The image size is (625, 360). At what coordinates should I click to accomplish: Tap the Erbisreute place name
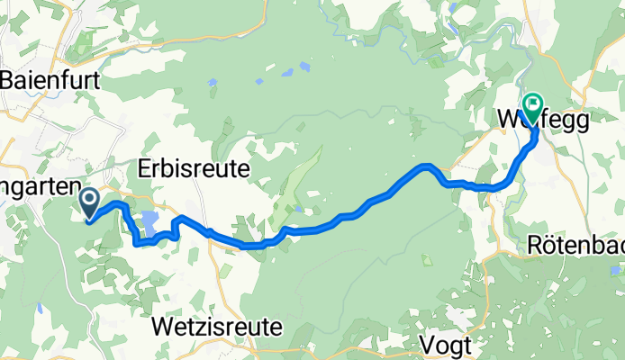click(x=194, y=168)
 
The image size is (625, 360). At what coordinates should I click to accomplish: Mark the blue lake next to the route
click(x=149, y=222)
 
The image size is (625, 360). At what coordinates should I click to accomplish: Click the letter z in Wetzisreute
click(x=200, y=325)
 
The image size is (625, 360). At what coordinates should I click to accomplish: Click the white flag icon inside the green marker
click(x=532, y=105)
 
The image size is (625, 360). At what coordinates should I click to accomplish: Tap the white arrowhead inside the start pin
click(x=90, y=199)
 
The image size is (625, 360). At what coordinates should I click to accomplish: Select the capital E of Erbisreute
click(x=145, y=168)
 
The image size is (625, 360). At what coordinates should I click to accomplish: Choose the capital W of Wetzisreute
click(x=163, y=325)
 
